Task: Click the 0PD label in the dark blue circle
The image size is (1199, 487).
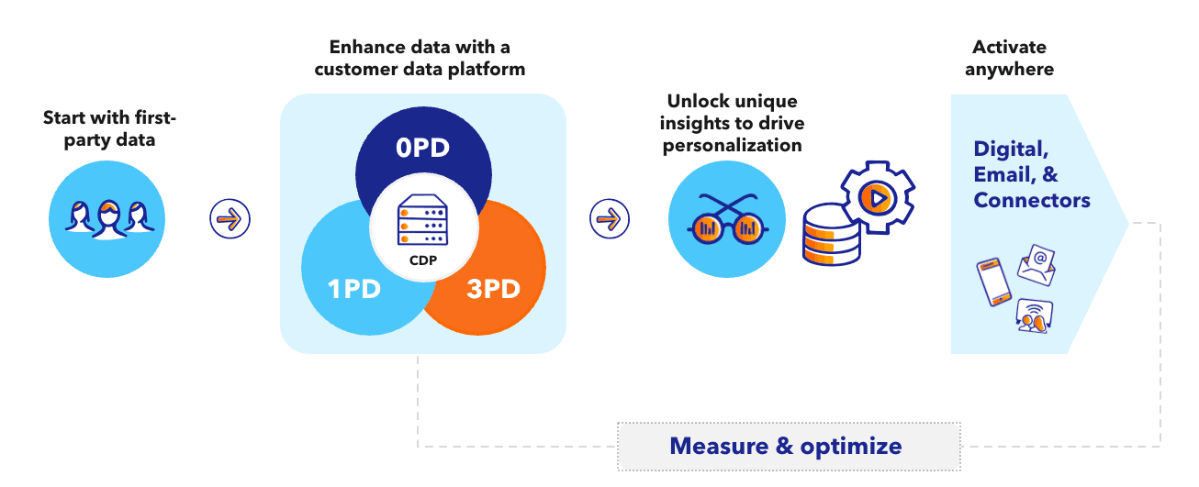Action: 423,149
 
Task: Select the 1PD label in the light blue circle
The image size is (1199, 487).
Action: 355,289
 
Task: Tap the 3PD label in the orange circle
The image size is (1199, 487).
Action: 493,289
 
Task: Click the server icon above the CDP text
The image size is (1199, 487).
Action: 423,223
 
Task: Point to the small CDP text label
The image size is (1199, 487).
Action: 423,260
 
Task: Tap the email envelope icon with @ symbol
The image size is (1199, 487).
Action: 1037,265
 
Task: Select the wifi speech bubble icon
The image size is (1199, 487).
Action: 1034,315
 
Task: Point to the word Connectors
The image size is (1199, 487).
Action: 1032,200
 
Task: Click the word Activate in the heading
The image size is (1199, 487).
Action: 1009,47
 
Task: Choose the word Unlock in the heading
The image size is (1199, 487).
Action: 698,101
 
